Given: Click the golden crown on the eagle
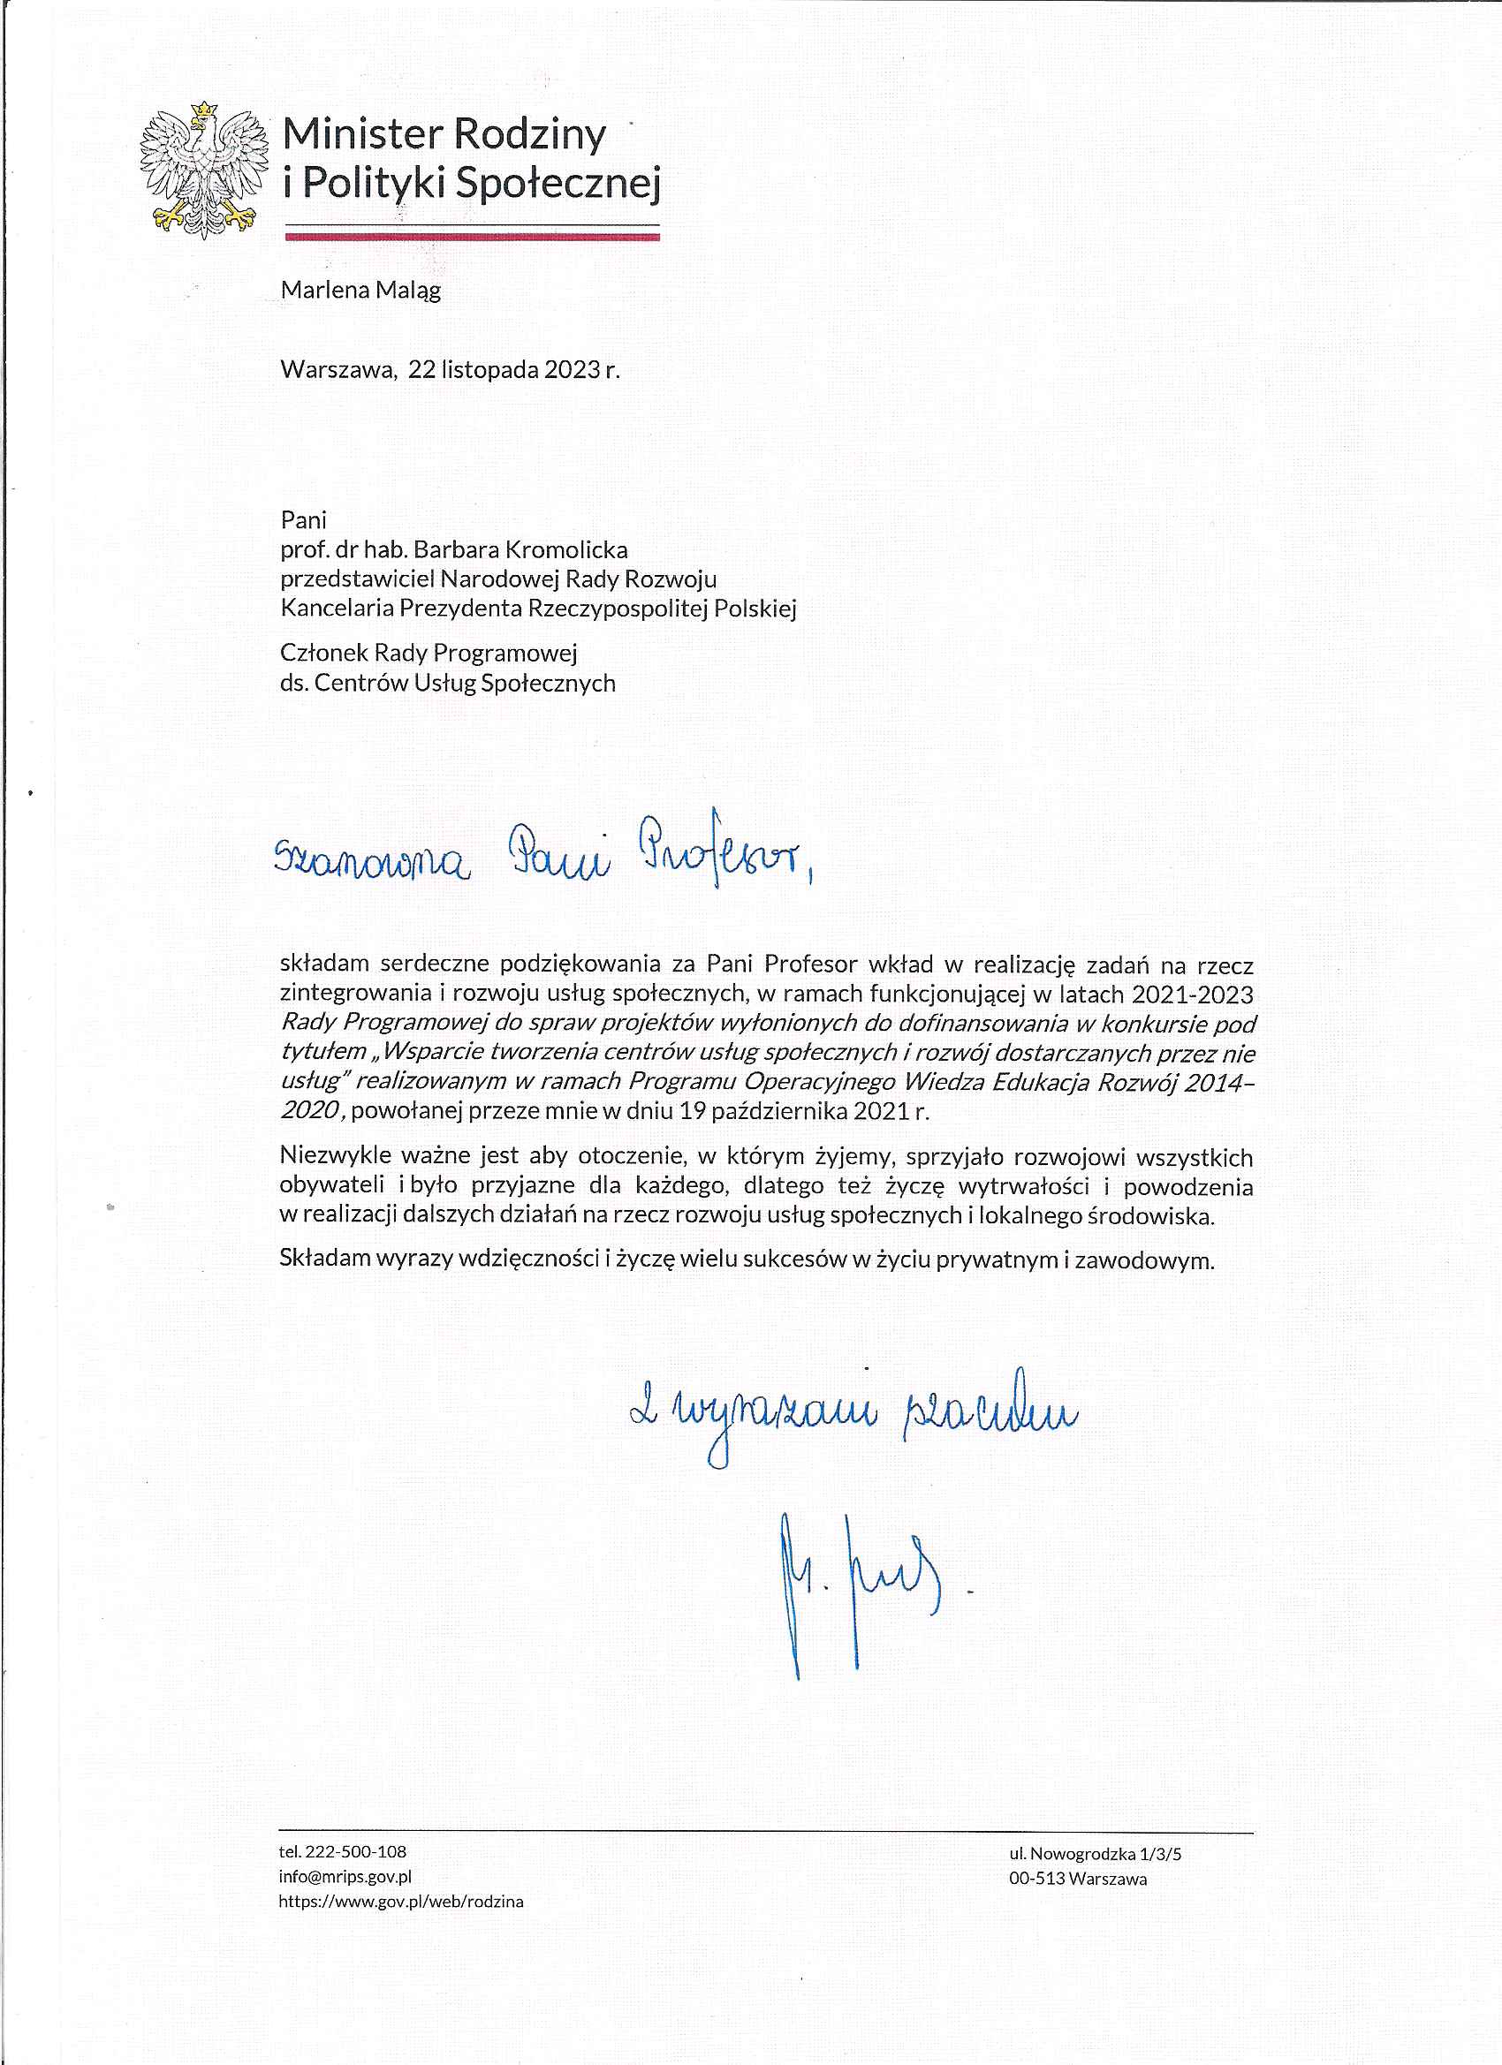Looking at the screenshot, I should [204, 110].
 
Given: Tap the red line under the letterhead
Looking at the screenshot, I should [472, 237].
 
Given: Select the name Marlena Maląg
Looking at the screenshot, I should [360, 291].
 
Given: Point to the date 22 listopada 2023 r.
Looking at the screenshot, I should [512, 370].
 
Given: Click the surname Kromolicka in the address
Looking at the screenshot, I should [565, 550].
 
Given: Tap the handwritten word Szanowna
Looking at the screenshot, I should [372, 861].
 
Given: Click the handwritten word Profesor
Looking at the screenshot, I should [724, 853].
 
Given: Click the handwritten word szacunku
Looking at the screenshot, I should [990, 1414].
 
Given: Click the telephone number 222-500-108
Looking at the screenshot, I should [355, 1851].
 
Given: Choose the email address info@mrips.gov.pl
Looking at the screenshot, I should [345, 1876].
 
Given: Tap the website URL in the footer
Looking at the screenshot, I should [401, 1901].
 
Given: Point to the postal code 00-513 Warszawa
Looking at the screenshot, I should [1078, 1879].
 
